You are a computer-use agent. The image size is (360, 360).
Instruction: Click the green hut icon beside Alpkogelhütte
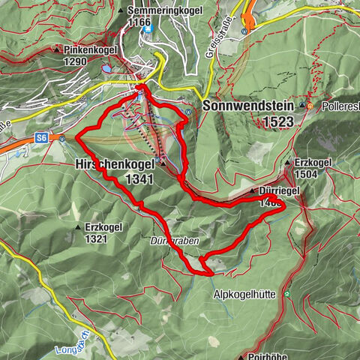287,295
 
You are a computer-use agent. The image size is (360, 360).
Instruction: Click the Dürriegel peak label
280,191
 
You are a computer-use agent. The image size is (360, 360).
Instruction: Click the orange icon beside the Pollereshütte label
309,107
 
